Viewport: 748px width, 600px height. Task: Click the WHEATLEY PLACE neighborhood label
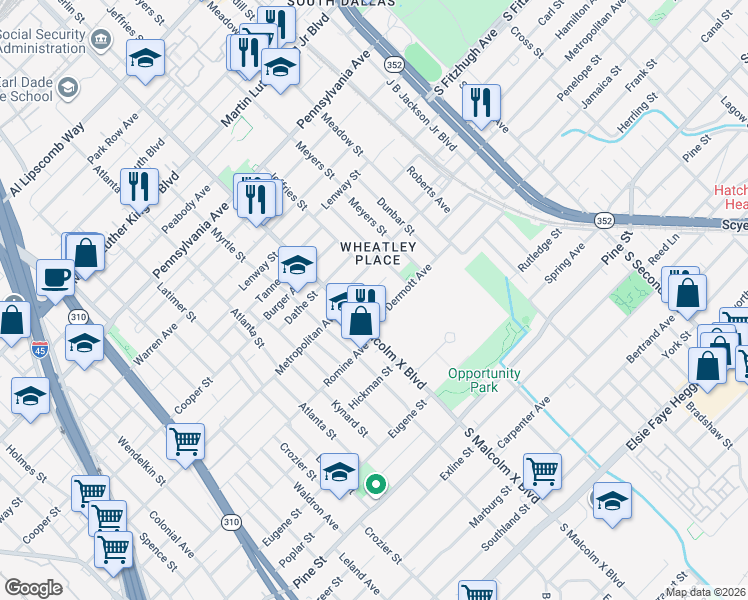[378, 253]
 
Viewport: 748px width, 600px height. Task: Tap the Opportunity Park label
[484, 380]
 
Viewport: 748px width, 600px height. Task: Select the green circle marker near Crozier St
[376, 487]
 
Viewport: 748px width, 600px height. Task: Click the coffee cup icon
[55, 277]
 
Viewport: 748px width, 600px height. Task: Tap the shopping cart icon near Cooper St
[186, 441]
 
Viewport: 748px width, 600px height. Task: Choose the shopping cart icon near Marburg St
[542, 470]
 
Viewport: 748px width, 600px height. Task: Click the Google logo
[33, 587]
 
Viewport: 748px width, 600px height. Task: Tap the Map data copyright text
[706, 591]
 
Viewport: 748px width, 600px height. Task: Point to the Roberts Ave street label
[428, 189]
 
